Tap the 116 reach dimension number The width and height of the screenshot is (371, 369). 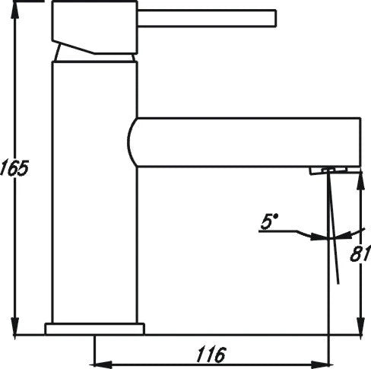[x=209, y=354]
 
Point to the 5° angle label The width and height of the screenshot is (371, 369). [x=270, y=222]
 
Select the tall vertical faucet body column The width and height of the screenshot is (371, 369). [x=94, y=190]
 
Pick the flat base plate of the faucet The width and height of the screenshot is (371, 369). [x=94, y=329]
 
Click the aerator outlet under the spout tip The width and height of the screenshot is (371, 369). [x=328, y=170]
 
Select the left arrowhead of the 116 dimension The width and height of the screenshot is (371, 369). [x=98, y=362]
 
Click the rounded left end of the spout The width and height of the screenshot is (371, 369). [x=133, y=142]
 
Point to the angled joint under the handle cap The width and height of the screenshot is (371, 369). [x=95, y=50]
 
